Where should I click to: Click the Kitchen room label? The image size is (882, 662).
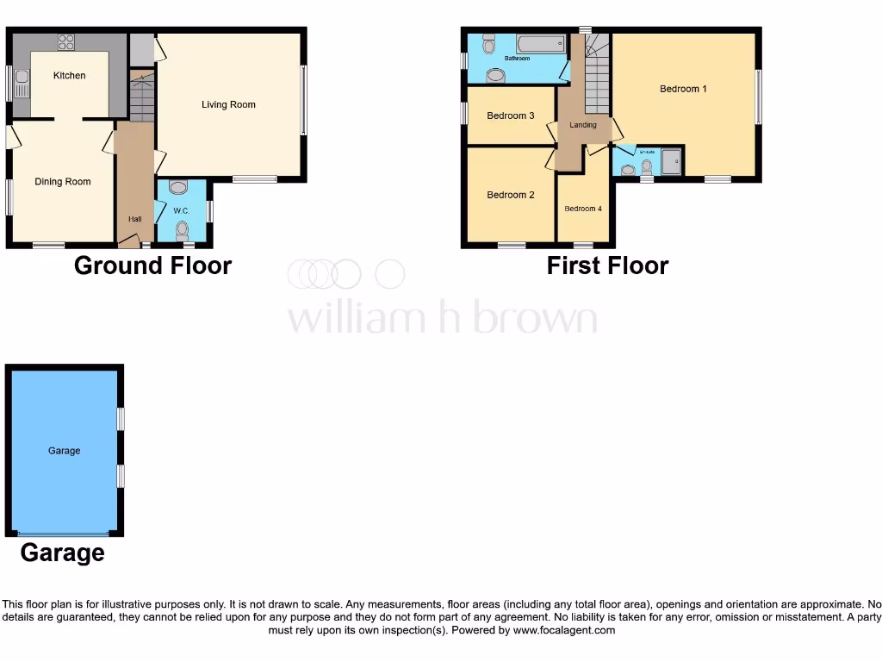coord(69,76)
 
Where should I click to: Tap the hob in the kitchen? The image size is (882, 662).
coord(65,41)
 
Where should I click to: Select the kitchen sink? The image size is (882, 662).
coord(22,86)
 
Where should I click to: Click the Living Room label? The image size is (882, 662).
coord(228,105)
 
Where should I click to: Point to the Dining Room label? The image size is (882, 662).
coord(63,182)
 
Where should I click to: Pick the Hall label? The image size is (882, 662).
coord(134,220)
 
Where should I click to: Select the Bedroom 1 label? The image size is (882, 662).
coord(683,89)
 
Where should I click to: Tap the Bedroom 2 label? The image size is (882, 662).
coord(511,196)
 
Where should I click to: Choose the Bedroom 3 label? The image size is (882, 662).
coord(511,116)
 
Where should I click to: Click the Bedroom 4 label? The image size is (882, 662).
coord(583,209)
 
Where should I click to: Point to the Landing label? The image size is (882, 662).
coord(583,126)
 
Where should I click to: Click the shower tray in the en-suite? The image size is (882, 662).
coord(671,161)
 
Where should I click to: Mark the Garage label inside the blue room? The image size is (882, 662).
coord(65,451)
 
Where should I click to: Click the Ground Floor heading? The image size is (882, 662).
coord(152,265)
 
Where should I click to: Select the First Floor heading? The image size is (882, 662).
coord(607,265)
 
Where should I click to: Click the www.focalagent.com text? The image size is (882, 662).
coord(565,630)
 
